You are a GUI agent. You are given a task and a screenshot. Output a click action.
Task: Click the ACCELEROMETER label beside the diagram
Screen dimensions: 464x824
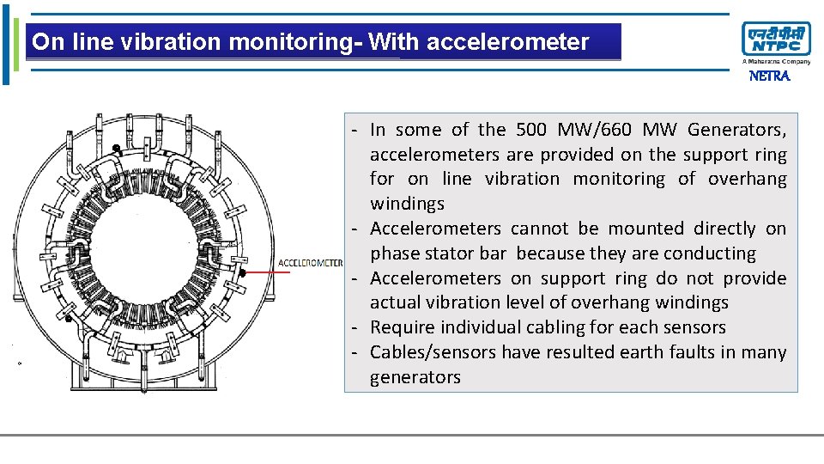pyautogui.click(x=310, y=263)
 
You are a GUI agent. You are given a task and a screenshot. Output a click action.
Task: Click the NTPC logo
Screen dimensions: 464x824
pyautogui.click(x=775, y=39)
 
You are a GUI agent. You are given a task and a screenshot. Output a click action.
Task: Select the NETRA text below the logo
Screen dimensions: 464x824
pyautogui.click(x=769, y=76)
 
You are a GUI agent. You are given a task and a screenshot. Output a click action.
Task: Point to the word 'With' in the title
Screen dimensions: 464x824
pyautogui.click(x=394, y=42)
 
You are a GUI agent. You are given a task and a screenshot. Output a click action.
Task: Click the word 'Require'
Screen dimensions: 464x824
pyautogui.click(x=403, y=327)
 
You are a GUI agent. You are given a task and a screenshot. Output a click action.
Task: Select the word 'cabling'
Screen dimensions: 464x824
pyautogui.click(x=576, y=327)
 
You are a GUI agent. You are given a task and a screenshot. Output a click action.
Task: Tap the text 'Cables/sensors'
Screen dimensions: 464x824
pyautogui.click(x=433, y=352)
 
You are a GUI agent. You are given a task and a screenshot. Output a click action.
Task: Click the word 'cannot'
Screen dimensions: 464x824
pyautogui.click(x=539, y=229)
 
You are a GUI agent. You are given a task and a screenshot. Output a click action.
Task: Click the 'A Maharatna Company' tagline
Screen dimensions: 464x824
pyautogui.click(x=776, y=62)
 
